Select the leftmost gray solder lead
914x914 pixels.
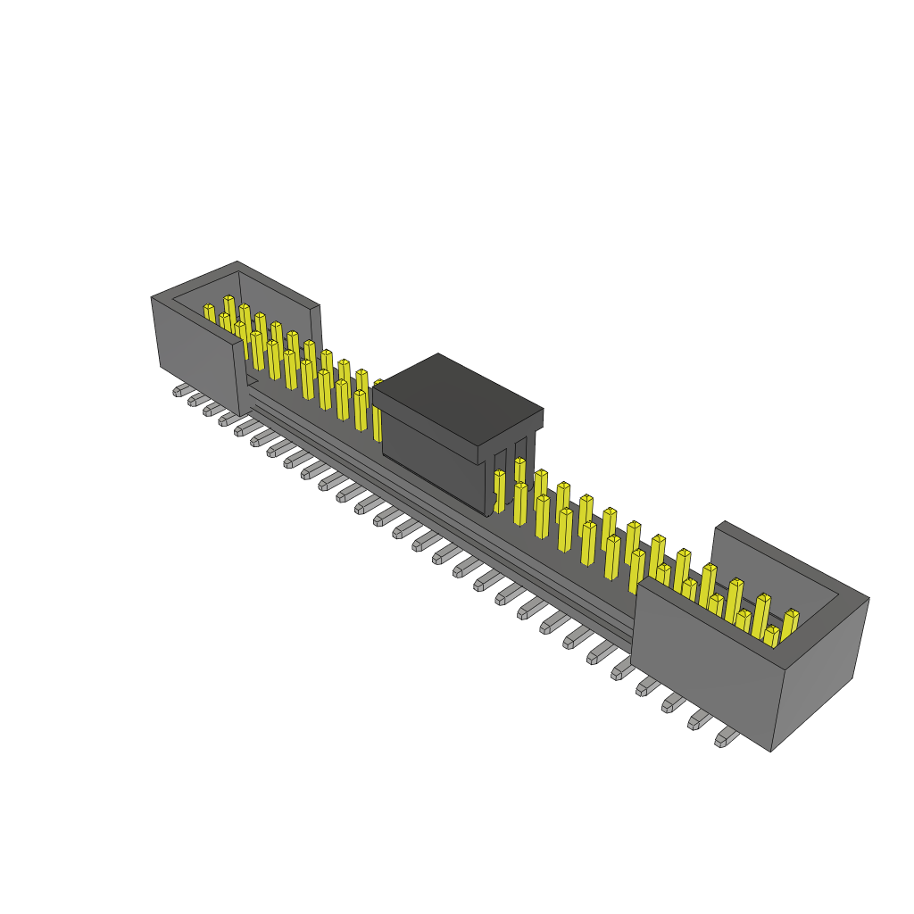tap(181, 390)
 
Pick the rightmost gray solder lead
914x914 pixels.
tap(727, 737)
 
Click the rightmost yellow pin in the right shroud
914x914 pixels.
tap(790, 622)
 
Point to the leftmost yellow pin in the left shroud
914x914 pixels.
tap(210, 314)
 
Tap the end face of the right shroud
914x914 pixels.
tap(819, 671)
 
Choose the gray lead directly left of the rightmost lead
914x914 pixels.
tap(700, 719)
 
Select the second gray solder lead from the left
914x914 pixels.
tap(196, 400)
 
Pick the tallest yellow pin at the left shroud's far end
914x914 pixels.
tap(229, 308)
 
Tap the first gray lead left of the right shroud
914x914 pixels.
tap(622, 667)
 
